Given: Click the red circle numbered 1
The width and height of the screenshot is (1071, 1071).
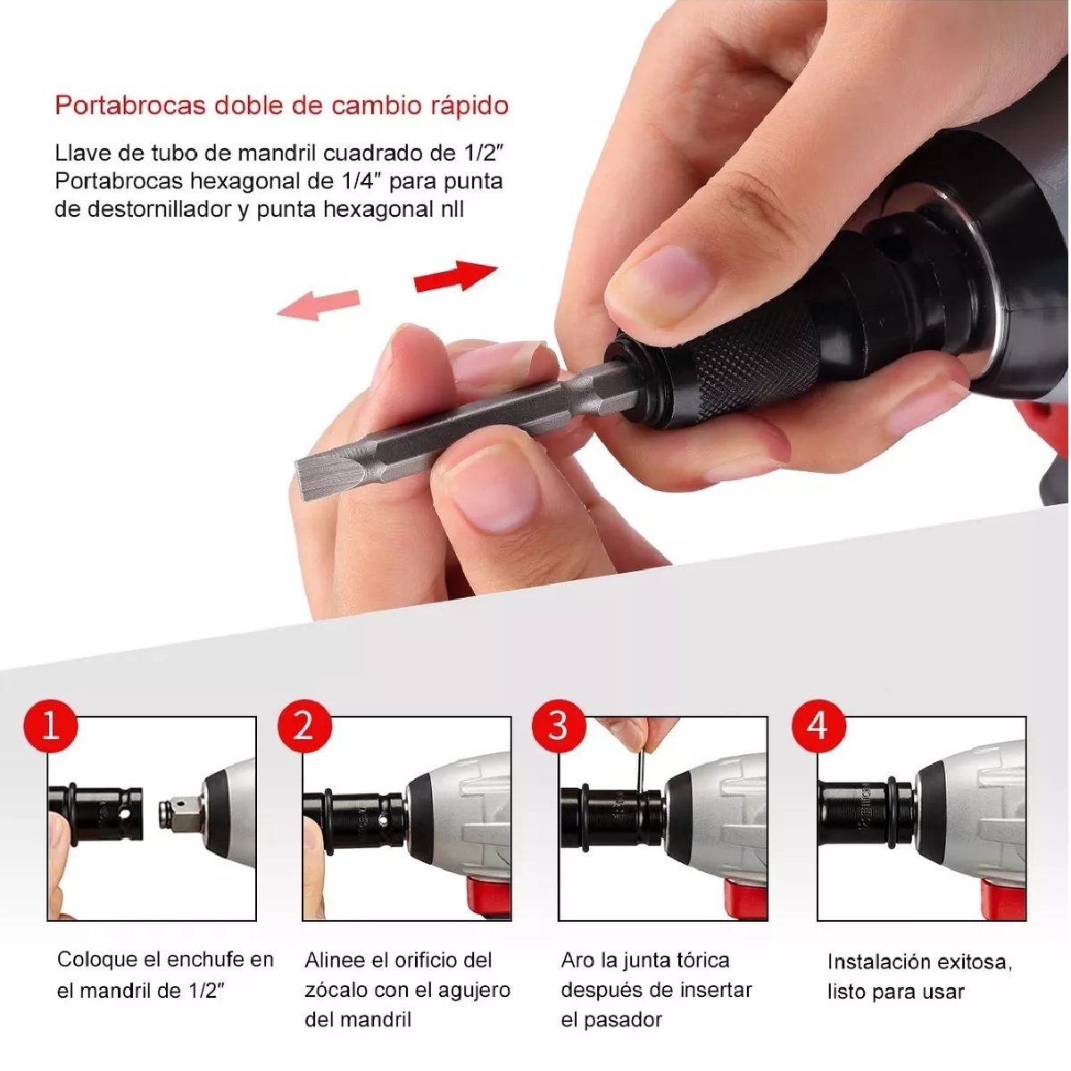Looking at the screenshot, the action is pos(51,726).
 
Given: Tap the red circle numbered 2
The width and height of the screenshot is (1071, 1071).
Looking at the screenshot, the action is pos(304,726).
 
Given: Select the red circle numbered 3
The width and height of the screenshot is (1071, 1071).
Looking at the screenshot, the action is pos(559,726).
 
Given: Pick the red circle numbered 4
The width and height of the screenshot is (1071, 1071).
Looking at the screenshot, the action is pos(818,726).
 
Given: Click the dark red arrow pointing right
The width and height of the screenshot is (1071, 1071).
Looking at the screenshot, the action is pos(455,276).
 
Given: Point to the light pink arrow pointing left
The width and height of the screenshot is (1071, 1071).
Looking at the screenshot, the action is pos(319,304).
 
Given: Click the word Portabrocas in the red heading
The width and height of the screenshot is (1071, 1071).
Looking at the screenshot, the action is pos(130,105).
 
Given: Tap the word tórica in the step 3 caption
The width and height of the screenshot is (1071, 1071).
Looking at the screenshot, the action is pos(698,960).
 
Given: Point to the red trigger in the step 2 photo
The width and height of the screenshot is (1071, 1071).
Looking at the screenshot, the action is pos(488,896).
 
